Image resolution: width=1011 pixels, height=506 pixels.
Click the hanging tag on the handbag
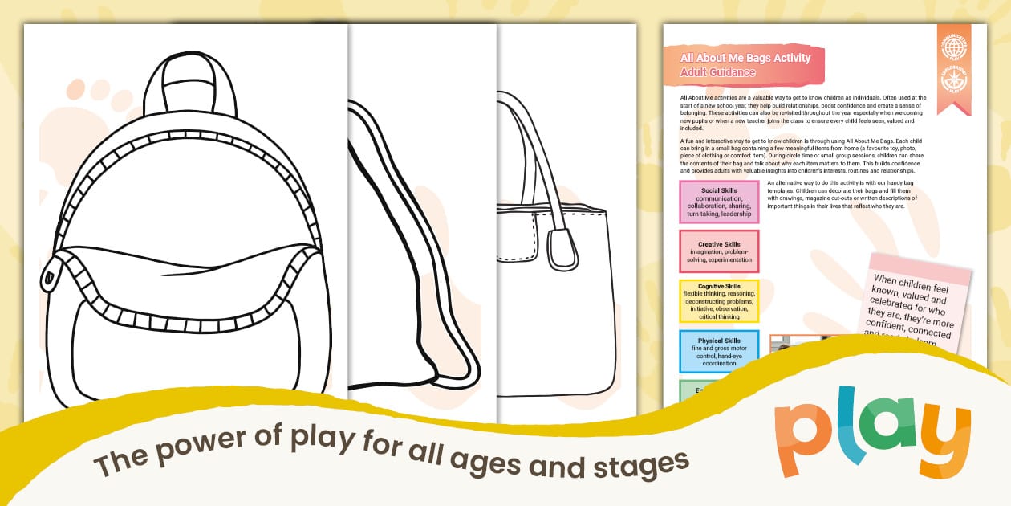[562, 248]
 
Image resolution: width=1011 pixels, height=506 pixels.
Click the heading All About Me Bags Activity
[745, 58]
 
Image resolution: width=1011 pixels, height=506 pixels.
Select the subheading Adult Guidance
[717, 72]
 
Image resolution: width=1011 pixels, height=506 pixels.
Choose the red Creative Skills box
[719, 251]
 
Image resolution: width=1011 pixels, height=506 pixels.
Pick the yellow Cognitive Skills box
[719, 301]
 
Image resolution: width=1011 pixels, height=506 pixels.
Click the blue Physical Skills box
[719, 352]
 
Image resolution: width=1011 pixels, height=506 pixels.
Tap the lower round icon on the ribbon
[954, 80]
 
